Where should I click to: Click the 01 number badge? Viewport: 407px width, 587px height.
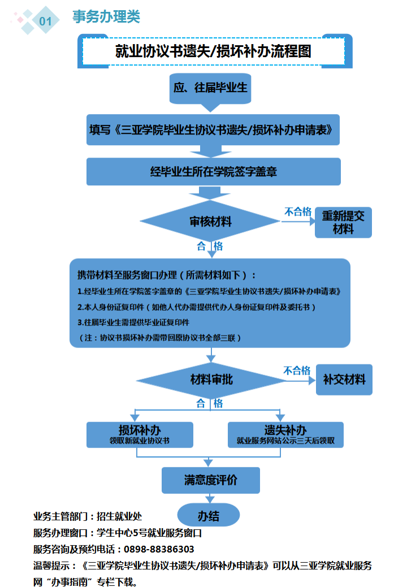(x=45, y=21)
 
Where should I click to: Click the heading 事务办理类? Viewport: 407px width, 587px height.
(x=106, y=17)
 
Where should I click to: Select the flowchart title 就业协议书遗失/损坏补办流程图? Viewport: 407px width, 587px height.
(x=214, y=51)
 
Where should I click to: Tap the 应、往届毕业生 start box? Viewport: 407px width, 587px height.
(x=210, y=89)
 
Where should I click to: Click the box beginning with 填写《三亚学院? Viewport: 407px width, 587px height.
(x=214, y=129)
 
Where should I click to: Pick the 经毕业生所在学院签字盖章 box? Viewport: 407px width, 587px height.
(x=214, y=171)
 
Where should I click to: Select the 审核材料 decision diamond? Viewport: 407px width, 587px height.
(x=210, y=221)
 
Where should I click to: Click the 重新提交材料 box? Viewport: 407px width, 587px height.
(x=343, y=222)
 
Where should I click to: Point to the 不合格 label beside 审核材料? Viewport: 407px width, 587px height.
(x=297, y=212)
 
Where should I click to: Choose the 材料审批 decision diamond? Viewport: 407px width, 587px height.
(x=210, y=379)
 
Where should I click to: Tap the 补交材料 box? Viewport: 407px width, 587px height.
(x=344, y=379)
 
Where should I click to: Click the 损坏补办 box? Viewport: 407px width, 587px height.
(x=140, y=434)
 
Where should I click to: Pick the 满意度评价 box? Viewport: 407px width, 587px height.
(x=211, y=480)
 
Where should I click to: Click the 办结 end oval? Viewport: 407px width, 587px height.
(x=209, y=515)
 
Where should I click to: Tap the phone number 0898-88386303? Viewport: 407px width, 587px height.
(x=159, y=549)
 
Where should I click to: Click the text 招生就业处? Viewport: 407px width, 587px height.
(x=119, y=516)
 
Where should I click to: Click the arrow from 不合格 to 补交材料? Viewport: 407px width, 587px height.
(x=299, y=380)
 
